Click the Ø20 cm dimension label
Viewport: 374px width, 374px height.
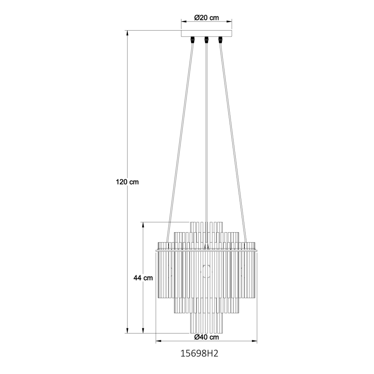pos(206,18)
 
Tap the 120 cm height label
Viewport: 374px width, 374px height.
pos(127,182)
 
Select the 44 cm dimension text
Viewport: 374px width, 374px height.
pos(143,278)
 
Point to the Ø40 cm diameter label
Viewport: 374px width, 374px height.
pos(206,337)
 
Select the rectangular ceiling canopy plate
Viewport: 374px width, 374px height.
pos(206,34)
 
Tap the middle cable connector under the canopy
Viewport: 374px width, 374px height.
pos(206,41)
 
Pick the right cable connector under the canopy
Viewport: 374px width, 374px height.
pos(220,41)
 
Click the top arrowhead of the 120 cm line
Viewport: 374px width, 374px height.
pos(128,33)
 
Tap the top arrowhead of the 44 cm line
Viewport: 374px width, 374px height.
pos(143,224)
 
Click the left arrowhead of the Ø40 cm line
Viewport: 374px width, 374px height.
pos(157,342)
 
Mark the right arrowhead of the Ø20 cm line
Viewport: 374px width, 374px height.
pos(230,21)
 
